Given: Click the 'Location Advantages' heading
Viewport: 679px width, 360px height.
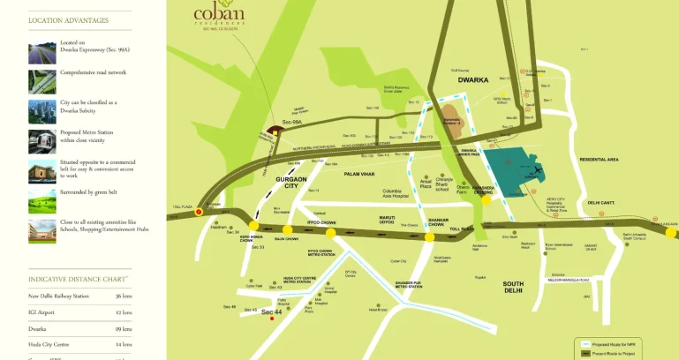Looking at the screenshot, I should (69, 20).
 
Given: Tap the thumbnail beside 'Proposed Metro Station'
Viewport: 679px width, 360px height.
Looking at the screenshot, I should (41, 141).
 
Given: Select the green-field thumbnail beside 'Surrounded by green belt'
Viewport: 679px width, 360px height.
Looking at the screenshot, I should (41, 201).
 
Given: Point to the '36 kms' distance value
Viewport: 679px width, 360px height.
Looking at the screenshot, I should (124, 296).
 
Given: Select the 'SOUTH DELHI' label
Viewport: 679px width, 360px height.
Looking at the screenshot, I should (513, 286).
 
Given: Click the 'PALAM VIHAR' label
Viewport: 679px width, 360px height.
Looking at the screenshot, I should (361, 174).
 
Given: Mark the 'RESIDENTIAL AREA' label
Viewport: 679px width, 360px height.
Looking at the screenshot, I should (599, 159).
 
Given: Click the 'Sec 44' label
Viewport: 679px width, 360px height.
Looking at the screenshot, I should (271, 312).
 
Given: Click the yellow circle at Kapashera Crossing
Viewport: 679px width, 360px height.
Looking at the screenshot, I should (486, 200).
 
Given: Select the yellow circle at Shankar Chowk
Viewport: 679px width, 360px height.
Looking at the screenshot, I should (429, 236).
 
